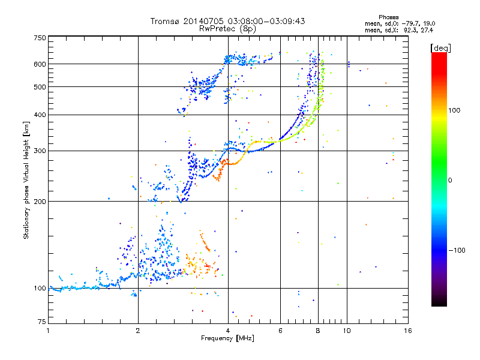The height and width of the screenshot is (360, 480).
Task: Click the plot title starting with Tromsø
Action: point(227,21)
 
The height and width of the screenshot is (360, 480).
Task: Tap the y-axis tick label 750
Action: point(40,38)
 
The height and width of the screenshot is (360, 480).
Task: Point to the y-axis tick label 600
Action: point(40,64)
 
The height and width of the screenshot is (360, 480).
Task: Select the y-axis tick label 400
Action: point(40,115)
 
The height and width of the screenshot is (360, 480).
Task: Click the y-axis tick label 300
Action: point(40,151)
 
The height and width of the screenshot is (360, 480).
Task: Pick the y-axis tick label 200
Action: point(40,202)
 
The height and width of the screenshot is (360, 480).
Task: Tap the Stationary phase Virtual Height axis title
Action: point(26,180)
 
